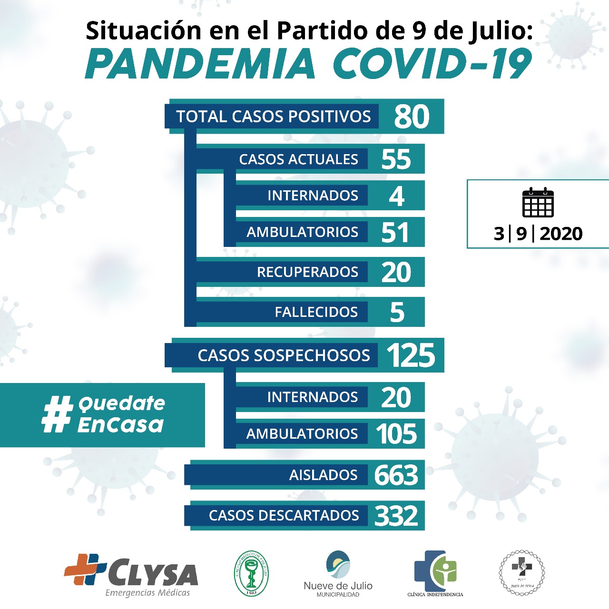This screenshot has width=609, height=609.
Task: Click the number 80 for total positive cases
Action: click(x=412, y=117)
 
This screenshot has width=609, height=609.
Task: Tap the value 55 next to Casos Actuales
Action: click(x=396, y=159)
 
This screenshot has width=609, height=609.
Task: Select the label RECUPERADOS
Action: click(x=307, y=272)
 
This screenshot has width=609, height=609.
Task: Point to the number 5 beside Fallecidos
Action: click(x=397, y=312)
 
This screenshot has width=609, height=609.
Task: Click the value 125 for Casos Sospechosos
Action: click(x=411, y=355)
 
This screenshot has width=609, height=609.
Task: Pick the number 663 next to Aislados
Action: click(x=396, y=475)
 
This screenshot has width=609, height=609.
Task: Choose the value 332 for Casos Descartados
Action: click(x=396, y=515)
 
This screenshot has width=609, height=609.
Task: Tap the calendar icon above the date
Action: click(x=538, y=203)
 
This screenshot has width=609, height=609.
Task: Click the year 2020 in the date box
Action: click(x=561, y=234)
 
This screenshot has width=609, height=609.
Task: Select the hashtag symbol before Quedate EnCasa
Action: click(x=57, y=414)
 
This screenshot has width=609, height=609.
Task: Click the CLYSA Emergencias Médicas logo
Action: click(x=131, y=575)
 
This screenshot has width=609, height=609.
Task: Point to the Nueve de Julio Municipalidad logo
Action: click(x=338, y=573)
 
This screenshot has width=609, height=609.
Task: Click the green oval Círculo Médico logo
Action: click(x=252, y=573)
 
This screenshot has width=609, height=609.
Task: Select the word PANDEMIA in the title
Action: click(x=200, y=64)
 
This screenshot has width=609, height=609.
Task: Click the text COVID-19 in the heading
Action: click(x=432, y=64)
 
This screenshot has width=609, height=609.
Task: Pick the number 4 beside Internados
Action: click(x=396, y=196)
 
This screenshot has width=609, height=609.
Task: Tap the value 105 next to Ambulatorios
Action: click(x=396, y=434)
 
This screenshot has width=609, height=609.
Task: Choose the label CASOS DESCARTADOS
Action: click(x=284, y=515)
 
